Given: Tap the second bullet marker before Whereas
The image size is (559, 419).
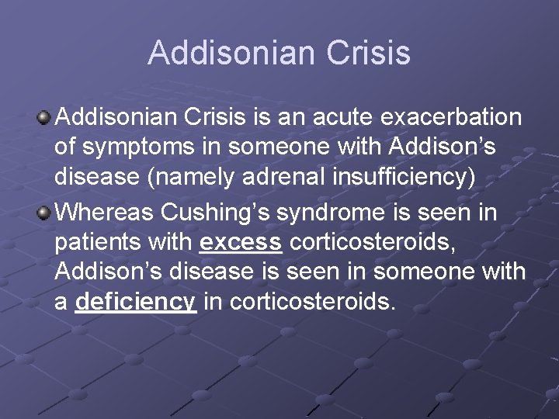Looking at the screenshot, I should pos(44,212).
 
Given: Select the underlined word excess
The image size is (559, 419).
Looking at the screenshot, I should pos(241,243).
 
